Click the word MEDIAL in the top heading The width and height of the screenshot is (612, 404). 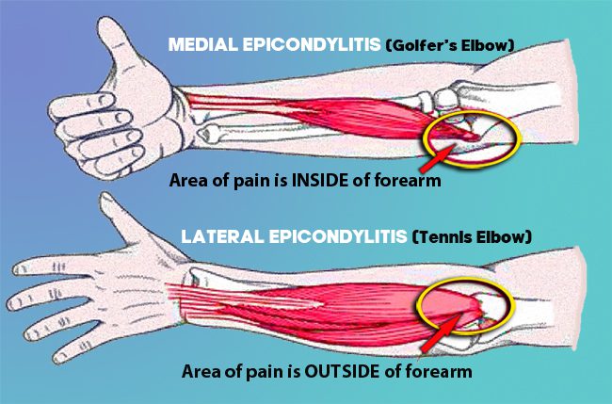203,44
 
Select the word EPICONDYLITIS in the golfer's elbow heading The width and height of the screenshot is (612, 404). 312,44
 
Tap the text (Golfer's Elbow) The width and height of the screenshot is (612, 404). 449,45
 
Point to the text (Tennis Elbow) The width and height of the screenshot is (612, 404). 472,236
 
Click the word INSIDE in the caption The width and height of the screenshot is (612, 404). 320,180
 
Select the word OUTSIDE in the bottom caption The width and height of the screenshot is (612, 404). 342,371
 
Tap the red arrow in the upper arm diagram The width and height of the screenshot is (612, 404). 437,157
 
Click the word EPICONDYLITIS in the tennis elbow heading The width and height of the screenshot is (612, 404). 338,236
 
